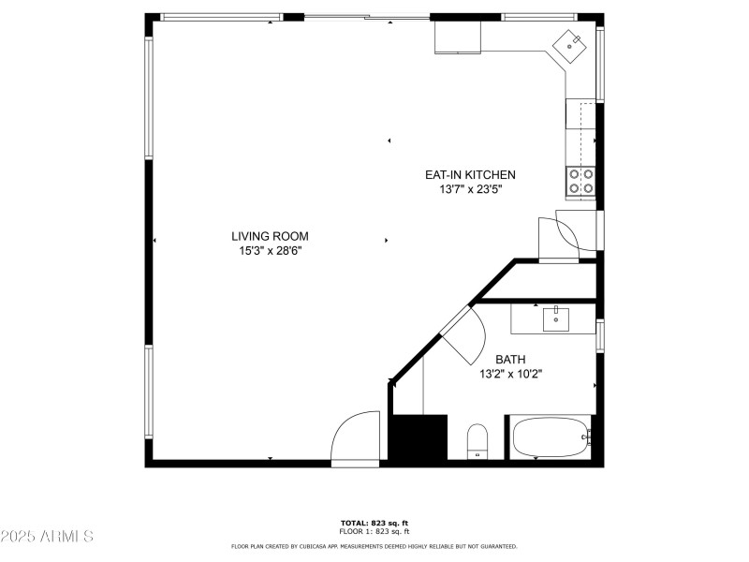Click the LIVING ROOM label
[x=270, y=237]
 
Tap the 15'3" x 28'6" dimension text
[x=270, y=251]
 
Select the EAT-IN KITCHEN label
[x=470, y=175]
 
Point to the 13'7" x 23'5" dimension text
[x=470, y=189]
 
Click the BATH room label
[x=510, y=360]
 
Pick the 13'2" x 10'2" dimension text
[x=510, y=374]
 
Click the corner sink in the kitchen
[x=571, y=44]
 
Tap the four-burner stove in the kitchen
[x=580, y=182]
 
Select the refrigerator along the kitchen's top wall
[x=458, y=37]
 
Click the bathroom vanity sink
[x=556, y=318]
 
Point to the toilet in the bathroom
[x=477, y=440]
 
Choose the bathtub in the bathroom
[x=551, y=437]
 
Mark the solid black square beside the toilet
[x=417, y=437]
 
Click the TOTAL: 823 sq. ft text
[x=374, y=523]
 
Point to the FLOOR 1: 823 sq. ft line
[x=374, y=531]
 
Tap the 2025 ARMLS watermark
[x=47, y=537]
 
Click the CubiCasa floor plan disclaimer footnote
[x=374, y=546]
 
